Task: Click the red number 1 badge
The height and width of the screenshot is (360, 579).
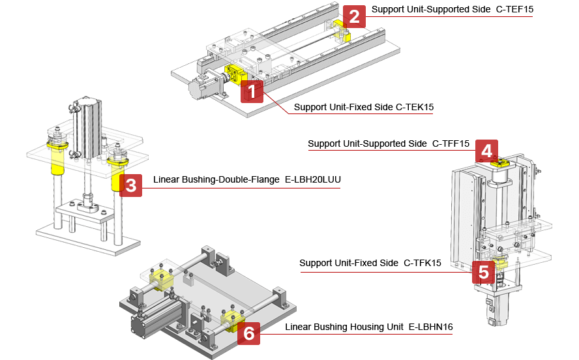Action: click(252, 92)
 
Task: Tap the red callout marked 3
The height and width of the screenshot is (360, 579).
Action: click(131, 185)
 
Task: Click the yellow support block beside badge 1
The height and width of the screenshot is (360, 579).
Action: click(234, 74)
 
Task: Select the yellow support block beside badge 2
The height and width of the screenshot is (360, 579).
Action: click(342, 31)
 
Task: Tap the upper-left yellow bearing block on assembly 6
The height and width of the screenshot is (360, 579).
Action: click(160, 279)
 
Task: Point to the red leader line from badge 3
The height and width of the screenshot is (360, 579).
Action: click(241, 188)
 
